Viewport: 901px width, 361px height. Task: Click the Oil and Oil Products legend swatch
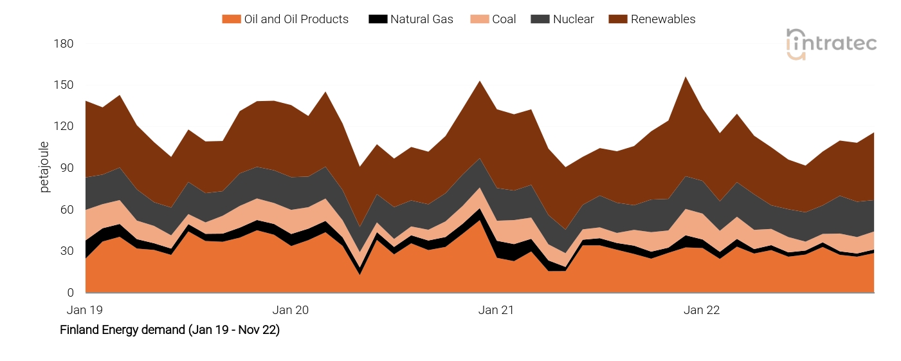coord(231,19)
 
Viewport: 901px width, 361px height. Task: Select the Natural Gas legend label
coord(421,19)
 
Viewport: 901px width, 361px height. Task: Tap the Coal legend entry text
coord(504,19)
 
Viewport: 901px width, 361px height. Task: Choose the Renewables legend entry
coord(662,19)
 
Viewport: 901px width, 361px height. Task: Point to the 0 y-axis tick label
coord(71,293)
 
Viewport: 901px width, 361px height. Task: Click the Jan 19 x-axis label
coord(85,310)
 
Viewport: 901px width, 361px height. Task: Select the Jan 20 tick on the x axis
coord(291,310)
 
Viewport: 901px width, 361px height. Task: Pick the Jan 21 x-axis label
coord(496,310)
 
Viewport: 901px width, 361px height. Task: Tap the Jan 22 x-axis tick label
coord(702,310)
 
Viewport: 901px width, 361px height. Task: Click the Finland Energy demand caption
coord(170,330)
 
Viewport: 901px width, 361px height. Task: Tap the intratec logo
coord(832,44)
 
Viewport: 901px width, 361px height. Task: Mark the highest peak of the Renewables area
coord(686,77)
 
